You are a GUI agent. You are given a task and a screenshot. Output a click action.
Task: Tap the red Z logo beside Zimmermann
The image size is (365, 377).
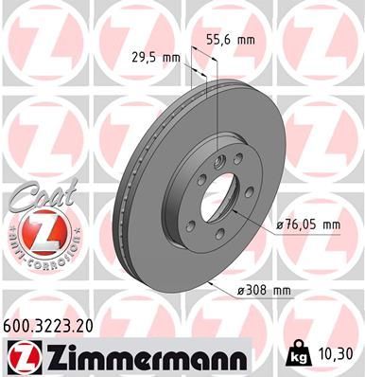23,356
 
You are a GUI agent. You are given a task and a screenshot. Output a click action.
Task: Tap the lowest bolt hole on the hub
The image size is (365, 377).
217,234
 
